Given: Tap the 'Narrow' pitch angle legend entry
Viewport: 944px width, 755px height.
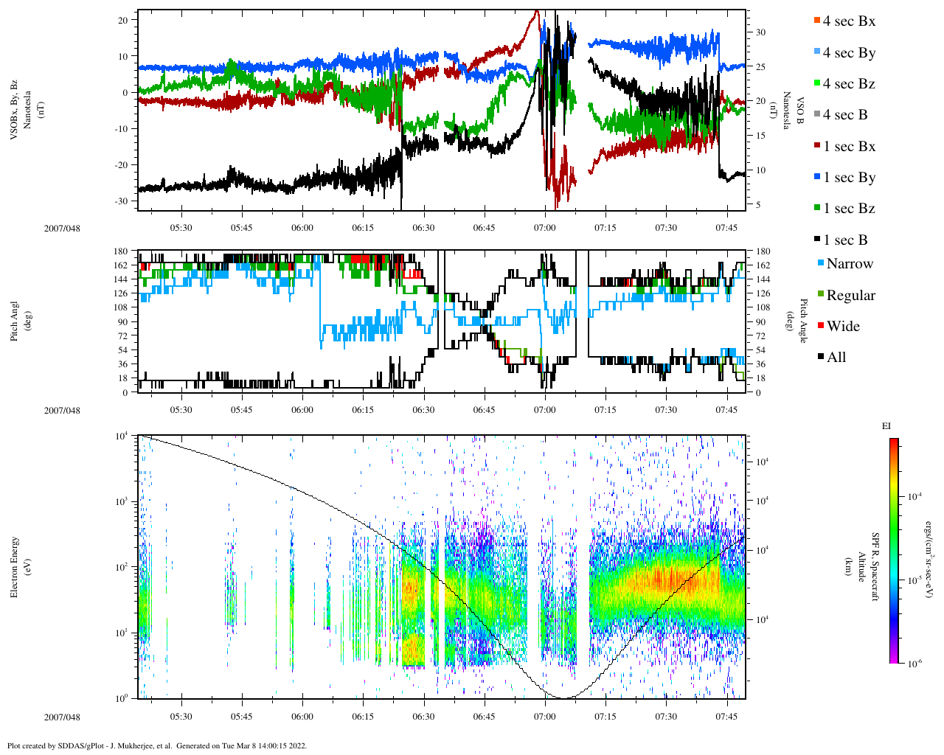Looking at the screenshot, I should (x=849, y=264).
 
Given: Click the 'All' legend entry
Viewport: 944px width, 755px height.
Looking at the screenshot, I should (x=836, y=358).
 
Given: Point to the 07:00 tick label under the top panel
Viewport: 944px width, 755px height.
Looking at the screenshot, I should (x=545, y=228).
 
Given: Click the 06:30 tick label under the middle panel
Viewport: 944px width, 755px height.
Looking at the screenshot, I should (x=423, y=410).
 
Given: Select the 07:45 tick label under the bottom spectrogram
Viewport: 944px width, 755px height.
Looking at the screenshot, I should (x=726, y=717).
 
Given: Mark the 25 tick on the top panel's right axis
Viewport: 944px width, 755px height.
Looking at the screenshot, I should (x=760, y=67).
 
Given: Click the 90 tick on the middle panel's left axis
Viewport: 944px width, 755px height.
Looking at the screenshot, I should (x=122, y=322).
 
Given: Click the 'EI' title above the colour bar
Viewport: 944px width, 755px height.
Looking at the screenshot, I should (x=887, y=426).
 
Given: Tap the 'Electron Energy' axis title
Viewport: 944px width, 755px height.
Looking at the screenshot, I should (x=15, y=566).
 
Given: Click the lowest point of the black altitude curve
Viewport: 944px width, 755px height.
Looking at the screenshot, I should (x=563, y=697).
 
